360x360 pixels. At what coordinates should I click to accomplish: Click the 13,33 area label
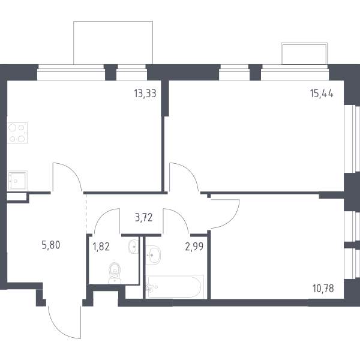145,94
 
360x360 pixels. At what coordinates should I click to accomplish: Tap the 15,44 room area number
322,94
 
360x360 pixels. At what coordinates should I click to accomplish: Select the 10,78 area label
323,289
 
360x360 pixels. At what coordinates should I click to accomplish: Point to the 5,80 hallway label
51,245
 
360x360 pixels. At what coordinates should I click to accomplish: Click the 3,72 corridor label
144,217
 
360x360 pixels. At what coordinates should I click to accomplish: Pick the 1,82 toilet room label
101,247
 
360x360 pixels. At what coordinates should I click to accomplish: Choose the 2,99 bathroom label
194,247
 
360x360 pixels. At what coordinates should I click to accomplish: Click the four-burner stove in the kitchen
17,133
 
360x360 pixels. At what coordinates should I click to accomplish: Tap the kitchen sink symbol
17,181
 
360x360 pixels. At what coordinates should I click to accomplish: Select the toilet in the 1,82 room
115,273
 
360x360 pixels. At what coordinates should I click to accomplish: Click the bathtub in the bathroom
175,287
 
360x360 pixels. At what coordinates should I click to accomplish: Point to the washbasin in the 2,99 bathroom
153,255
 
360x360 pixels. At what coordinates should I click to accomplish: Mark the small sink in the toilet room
133,247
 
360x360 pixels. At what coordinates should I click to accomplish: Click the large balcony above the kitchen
113,43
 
